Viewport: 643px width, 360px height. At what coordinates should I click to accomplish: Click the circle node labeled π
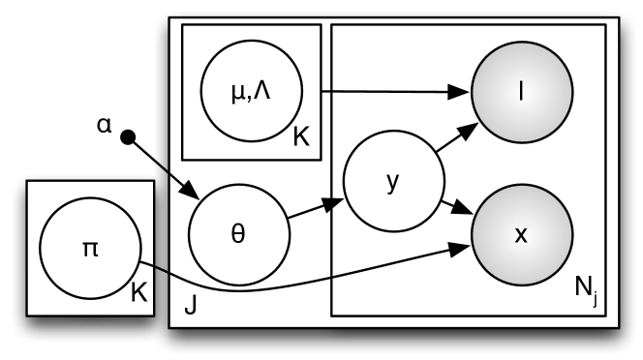click(90, 249)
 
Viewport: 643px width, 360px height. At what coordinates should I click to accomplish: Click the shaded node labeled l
click(522, 93)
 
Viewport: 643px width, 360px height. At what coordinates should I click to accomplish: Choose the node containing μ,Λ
click(251, 94)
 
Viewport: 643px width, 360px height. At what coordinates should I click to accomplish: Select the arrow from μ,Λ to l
click(387, 93)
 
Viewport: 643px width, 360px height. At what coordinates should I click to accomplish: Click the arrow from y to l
click(456, 139)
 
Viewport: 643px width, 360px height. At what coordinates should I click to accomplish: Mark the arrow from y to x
click(456, 206)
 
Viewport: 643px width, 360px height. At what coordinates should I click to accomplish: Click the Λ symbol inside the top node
click(263, 94)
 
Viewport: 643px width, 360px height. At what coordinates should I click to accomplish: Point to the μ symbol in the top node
click(238, 95)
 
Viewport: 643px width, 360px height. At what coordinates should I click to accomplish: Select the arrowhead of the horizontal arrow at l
click(464, 94)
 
